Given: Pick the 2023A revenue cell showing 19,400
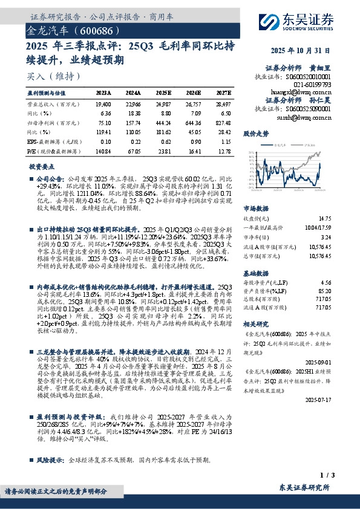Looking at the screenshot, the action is pyautogui.click(x=103, y=104).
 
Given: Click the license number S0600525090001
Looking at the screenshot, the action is pyautogui.click(x=309, y=109).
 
